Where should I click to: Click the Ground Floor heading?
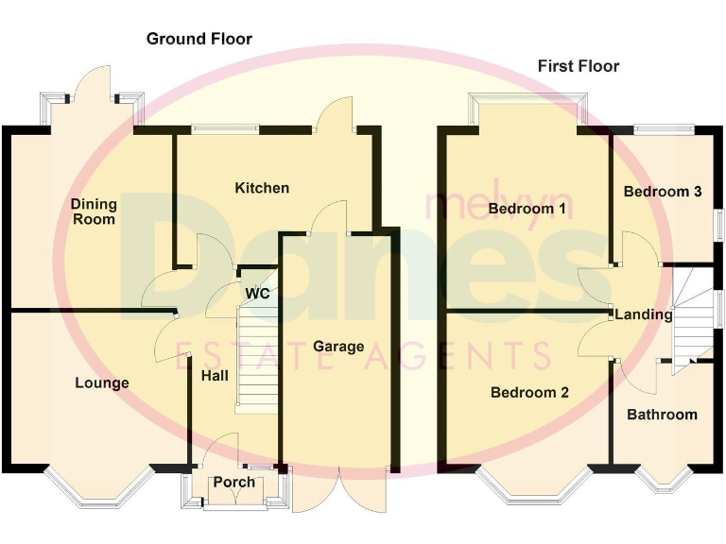pyautogui.click(x=199, y=39)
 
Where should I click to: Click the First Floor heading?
pyautogui.click(x=579, y=66)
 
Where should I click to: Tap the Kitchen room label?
pyautogui.click(x=262, y=188)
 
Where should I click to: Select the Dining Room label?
pyautogui.click(x=94, y=212)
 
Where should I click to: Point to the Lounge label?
pyautogui.click(x=102, y=382)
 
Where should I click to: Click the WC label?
pyautogui.click(x=257, y=294)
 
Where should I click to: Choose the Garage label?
pyautogui.click(x=338, y=347)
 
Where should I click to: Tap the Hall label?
pyautogui.click(x=215, y=375)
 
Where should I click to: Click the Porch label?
pyautogui.click(x=234, y=482)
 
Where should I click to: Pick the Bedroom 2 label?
pyautogui.click(x=529, y=393)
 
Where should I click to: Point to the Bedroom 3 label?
pyautogui.click(x=662, y=192)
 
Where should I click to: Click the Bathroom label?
pyautogui.click(x=662, y=415)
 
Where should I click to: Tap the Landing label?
pyautogui.click(x=643, y=314)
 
